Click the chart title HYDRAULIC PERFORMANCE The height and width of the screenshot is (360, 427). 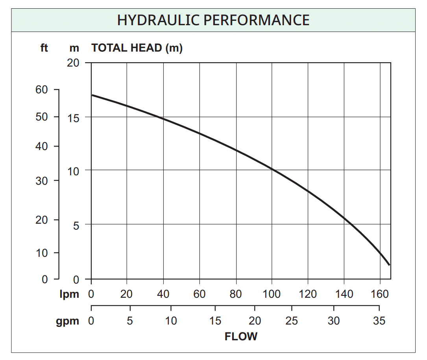[213, 20]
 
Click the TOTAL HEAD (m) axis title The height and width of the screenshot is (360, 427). [137, 48]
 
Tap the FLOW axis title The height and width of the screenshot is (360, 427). [241, 336]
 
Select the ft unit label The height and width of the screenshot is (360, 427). [44, 48]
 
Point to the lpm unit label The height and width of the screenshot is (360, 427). [69, 294]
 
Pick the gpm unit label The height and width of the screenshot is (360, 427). [67, 321]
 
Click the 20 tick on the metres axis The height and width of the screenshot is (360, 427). [73, 63]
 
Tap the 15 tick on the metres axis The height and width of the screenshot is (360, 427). [73, 117]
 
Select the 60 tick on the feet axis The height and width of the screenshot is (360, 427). [42, 90]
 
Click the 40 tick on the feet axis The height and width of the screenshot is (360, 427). [42, 146]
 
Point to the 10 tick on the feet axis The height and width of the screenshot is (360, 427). [42, 252]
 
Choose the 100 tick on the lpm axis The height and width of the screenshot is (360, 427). [272, 294]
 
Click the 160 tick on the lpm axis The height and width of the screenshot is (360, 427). [380, 294]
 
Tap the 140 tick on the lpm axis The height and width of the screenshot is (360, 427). [344, 294]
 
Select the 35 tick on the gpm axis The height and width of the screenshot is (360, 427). [379, 321]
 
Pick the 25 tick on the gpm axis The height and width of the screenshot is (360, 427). [292, 321]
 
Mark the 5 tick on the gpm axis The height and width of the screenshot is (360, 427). [130, 321]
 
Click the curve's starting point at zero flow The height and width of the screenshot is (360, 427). [92, 95]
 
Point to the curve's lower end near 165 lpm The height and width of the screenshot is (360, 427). [389, 265]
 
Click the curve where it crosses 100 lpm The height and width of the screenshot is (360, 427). [272, 170]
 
